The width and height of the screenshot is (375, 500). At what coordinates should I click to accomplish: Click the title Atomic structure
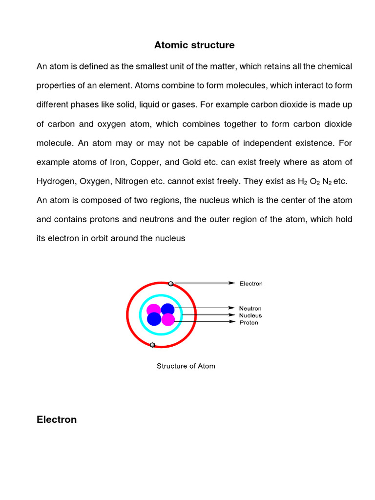(x=194, y=45)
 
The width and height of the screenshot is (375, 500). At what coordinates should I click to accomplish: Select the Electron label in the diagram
(x=250, y=284)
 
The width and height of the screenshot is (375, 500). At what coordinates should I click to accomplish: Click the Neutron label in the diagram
(x=250, y=309)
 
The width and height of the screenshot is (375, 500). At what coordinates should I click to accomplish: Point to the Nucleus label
(x=250, y=315)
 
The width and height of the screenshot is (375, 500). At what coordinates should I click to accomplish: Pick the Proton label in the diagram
(x=249, y=323)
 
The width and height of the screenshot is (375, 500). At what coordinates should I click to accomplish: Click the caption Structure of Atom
(x=186, y=366)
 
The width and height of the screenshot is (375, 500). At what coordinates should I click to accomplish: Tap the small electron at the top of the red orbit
(x=171, y=284)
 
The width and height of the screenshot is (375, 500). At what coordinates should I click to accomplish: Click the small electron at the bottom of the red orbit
(x=153, y=345)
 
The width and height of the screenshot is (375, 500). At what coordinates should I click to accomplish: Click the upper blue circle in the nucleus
(x=167, y=310)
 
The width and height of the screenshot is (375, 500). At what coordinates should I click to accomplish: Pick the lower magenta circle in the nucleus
(x=168, y=320)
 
